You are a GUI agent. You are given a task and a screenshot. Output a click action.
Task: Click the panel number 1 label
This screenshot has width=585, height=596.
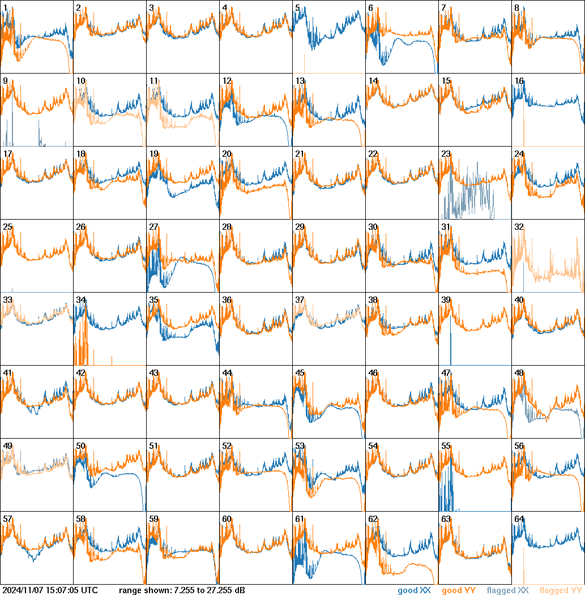[5, 8]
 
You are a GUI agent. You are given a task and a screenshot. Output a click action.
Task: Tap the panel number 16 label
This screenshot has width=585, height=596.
[519, 81]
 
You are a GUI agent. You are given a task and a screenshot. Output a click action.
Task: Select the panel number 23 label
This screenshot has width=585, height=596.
[446, 154]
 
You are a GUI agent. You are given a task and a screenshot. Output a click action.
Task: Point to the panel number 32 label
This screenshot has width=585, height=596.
[519, 227]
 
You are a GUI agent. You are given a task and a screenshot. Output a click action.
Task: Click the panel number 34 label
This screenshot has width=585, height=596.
[81, 300]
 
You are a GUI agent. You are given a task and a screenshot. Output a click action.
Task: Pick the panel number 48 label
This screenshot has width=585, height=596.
[519, 373]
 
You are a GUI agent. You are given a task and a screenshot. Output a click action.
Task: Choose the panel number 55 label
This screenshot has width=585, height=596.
[446, 446]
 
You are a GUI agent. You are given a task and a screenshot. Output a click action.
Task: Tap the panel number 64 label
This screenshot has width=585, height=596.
[519, 519]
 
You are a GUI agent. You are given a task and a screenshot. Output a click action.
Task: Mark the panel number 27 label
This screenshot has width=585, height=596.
[154, 227]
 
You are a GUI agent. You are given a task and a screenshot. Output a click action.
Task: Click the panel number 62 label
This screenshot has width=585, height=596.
[373, 519]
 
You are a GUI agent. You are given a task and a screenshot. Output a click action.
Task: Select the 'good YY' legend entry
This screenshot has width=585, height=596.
[458, 591]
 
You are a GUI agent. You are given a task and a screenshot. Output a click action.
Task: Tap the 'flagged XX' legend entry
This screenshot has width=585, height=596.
[507, 591]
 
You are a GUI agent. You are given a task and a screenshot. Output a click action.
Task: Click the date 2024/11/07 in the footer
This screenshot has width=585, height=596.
[23, 591]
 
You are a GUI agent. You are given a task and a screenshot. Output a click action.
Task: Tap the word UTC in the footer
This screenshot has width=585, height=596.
[89, 591]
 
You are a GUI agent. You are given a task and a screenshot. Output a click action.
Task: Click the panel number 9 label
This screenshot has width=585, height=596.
[5, 81]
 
